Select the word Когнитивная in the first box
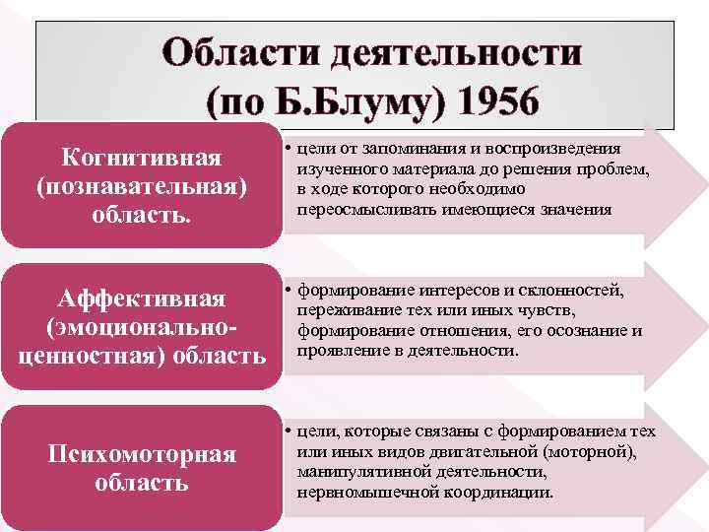141,159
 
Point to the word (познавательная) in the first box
141,186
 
